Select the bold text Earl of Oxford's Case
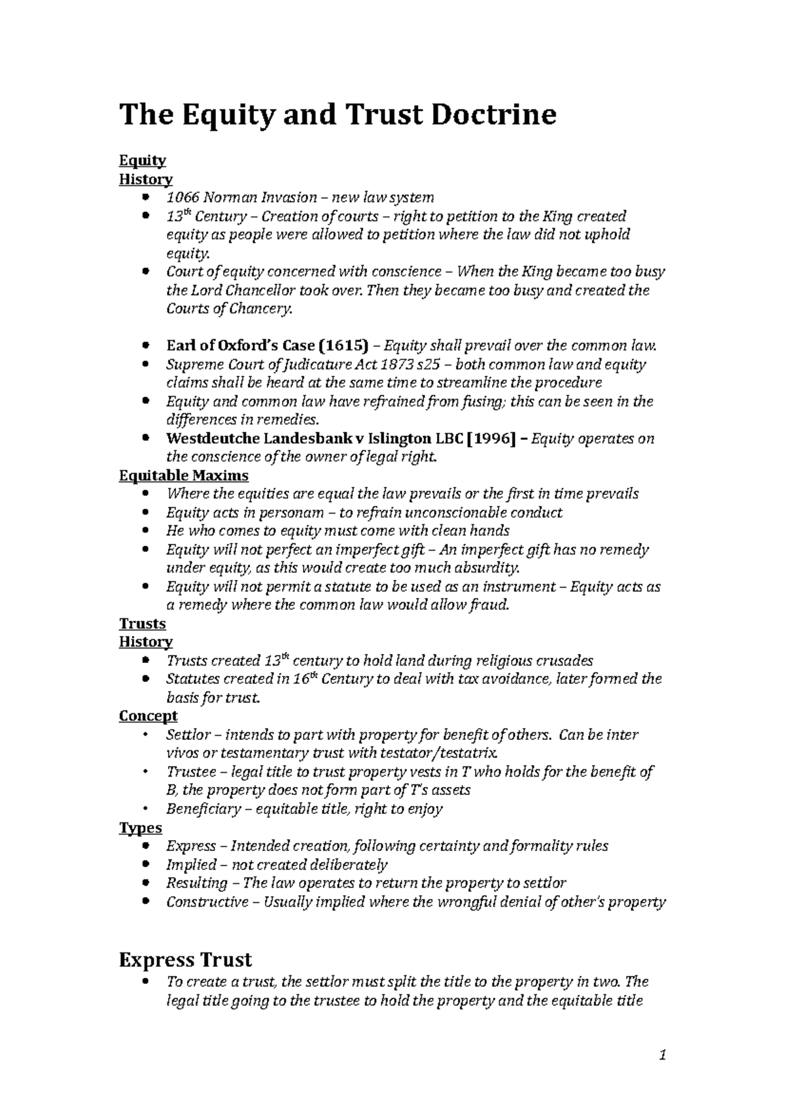pos(240,346)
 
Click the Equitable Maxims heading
pos(183,475)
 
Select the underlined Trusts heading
pos(142,624)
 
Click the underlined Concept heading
pos(148,716)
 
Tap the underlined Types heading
pos(140,828)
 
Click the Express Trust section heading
pos(184,960)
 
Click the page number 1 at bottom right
pos(663,1055)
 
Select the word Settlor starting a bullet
pos(185,735)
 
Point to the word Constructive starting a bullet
pos(207,902)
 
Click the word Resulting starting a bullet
pos(196,883)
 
